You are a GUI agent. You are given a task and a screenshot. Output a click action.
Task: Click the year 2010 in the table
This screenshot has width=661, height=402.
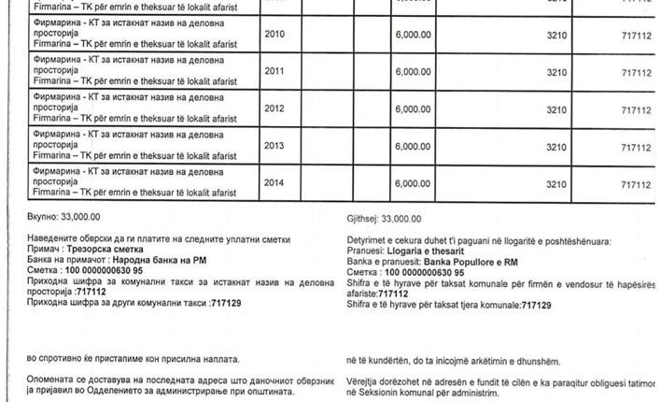tap(274, 33)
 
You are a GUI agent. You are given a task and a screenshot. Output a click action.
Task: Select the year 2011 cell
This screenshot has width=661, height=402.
tap(274, 71)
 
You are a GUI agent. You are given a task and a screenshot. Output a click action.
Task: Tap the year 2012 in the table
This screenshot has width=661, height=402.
tap(274, 108)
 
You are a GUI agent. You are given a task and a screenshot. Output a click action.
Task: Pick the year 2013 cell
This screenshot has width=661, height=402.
tap(274, 147)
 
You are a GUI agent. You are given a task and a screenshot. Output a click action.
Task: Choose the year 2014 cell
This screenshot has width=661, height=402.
tap(274, 184)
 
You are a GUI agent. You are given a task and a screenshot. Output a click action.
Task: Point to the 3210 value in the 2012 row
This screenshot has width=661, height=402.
tap(556, 109)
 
